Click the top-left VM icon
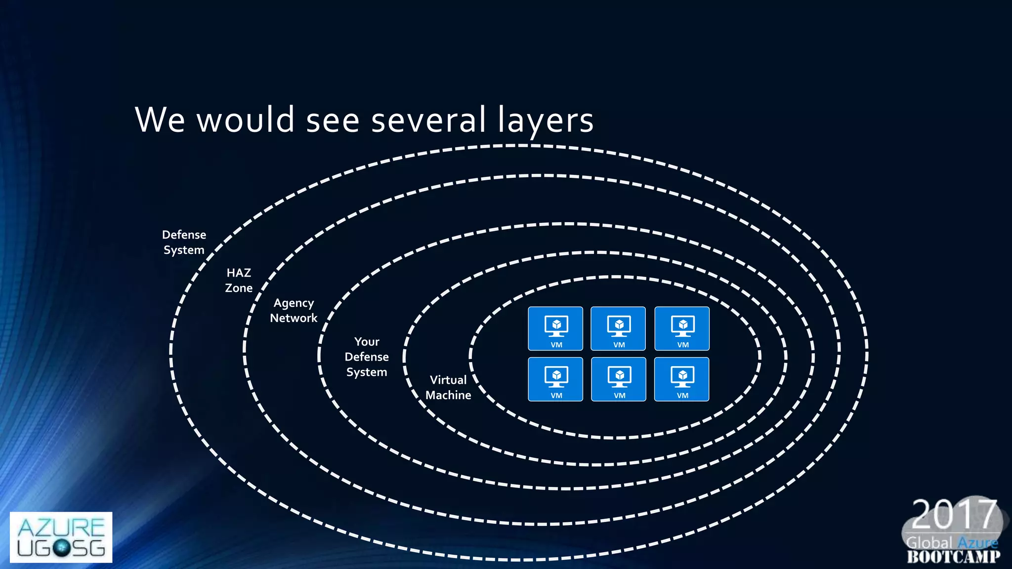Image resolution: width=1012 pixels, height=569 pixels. pyautogui.click(x=555, y=328)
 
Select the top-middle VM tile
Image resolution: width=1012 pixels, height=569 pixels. pyautogui.click(x=618, y=328)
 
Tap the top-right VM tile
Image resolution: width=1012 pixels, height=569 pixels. pyautogui.click(x=682, y=328)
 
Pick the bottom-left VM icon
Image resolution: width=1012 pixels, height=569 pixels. pyautogui.click(x=555, y=379)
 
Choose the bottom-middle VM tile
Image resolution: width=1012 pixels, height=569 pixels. pyautogui.click(x=619, y=379)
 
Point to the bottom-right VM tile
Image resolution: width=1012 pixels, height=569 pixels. pyautogui.click(x=682, y=379)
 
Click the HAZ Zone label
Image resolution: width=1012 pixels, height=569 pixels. pyautogui.click(x=239, y=281)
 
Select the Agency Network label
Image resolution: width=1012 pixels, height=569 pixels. pyautogui.click(x=294, y=311)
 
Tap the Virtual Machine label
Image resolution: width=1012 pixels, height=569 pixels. pyautogui.click(x=448, y=388)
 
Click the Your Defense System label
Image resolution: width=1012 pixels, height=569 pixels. pyautogui.click(x=367, y=357)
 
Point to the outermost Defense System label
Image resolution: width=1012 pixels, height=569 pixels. pyautogui.click(x=184, y=243)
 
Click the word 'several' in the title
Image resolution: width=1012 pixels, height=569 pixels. pyautogui.click(x=428, y=120)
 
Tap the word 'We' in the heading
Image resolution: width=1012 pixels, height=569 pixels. pyautogui.click(x=160, y=120)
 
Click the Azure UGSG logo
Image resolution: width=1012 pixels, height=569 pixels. pyautogui.click(x=61, y=537)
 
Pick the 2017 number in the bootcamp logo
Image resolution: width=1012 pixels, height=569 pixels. pyautogui.click(x=953, y=514)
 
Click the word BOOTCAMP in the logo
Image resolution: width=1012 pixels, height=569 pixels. pyautogui.click(x=954, y=557)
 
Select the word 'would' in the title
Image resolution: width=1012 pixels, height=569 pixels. pyautogui.click(x=246, y=120)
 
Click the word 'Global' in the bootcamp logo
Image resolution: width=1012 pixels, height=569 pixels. pyautogui.click(x=929, y=543)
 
